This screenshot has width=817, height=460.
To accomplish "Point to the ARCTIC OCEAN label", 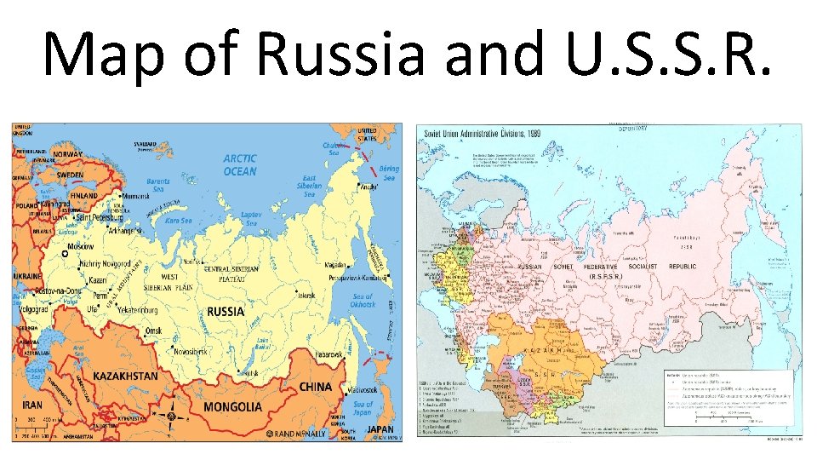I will click(239, 164).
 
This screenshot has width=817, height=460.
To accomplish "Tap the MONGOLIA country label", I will click(232, 406).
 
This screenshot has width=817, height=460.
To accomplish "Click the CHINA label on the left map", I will click(315, 386).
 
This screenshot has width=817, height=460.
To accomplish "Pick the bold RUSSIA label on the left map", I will click(226, 312).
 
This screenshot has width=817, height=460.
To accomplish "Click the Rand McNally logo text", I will click(299, 434).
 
